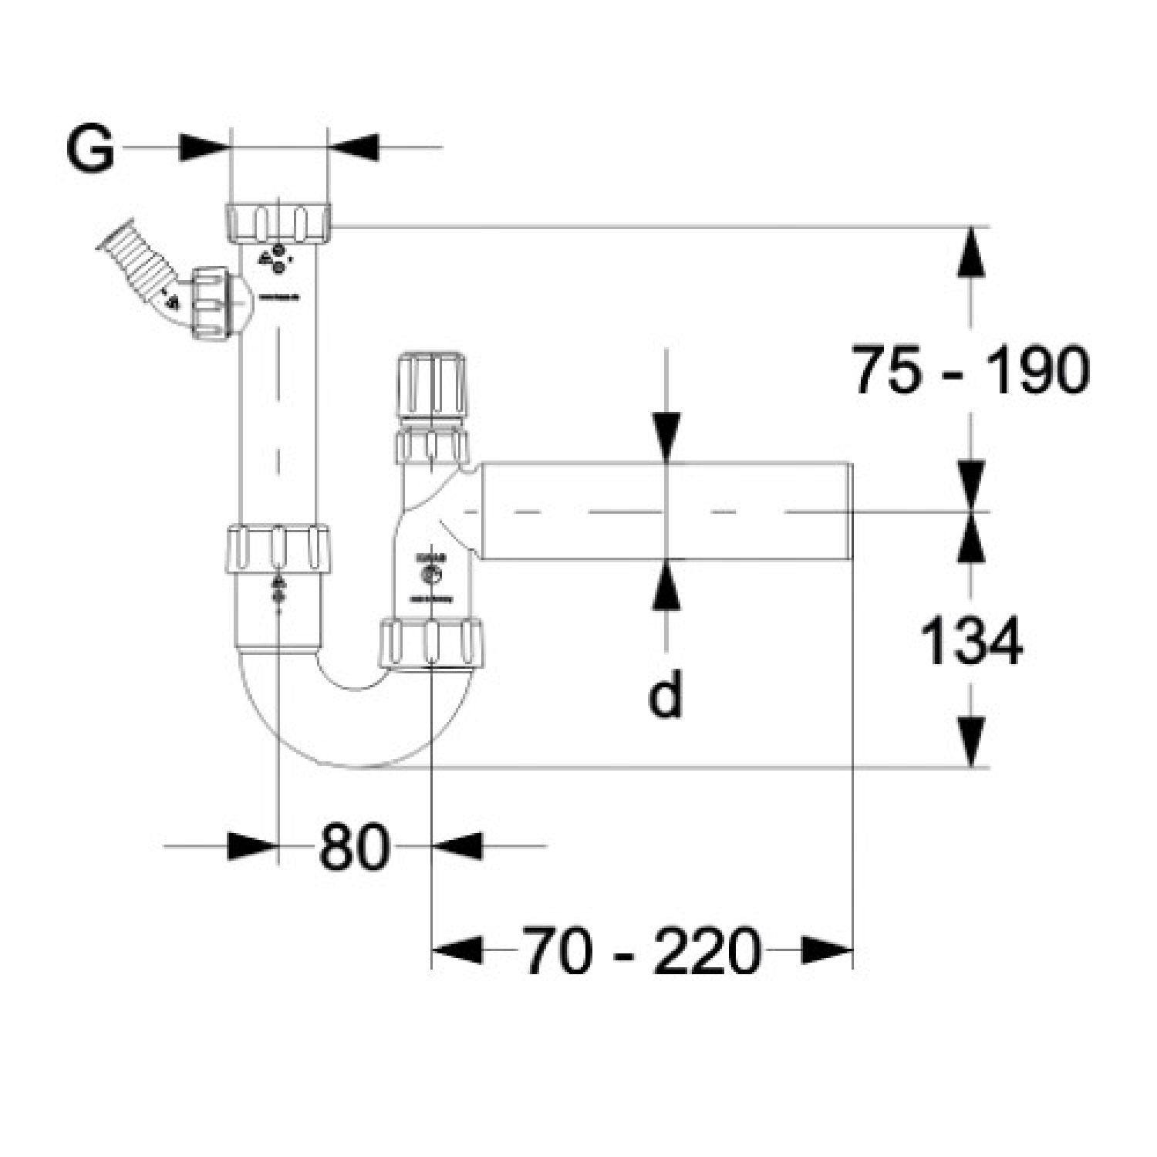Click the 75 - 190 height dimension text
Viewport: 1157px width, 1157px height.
970,370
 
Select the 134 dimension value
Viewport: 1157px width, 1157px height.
971,642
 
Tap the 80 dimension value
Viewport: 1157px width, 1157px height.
353,846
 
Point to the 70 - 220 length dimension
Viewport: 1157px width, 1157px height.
641,951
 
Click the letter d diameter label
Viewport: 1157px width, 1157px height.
665,694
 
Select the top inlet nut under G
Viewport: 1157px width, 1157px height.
279,222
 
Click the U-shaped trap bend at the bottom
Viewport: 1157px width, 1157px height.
355,717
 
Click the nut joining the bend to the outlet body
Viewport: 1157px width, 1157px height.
433,642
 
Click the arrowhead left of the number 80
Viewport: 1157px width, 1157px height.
252,846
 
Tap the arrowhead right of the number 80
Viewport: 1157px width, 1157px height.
457,846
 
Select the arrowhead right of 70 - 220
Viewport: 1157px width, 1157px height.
826,950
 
